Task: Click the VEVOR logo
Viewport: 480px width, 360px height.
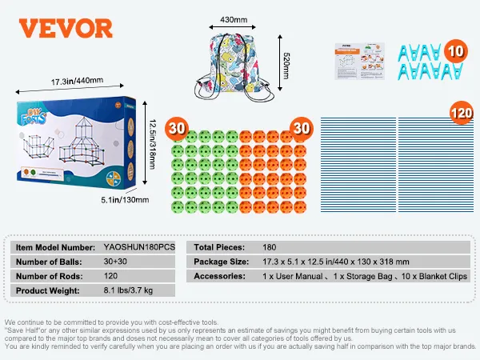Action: [x=66, y=27]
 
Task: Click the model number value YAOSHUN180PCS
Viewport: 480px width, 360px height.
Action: [x=139, y=247]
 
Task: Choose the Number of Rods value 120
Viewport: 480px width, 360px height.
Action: [x=113, y=276]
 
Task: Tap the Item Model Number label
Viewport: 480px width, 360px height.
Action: [x=53, y=247]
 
